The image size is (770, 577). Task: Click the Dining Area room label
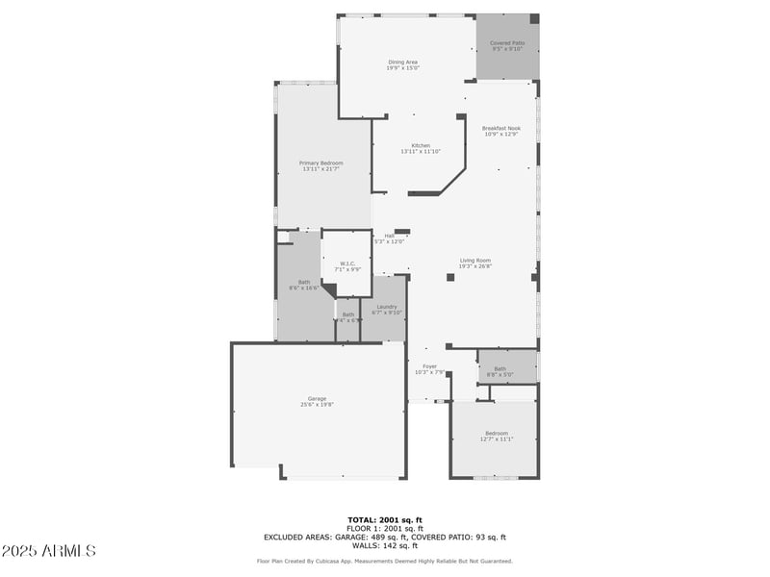402,63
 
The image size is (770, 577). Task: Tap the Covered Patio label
507,43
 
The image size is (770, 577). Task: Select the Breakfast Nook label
500,128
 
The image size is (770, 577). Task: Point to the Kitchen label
421,145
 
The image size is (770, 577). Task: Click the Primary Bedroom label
321,163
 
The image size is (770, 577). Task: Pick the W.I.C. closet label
347,263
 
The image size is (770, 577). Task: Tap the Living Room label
475,261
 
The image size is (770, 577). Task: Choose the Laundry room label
386,307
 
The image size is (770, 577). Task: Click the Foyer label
429,366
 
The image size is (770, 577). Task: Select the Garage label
317,398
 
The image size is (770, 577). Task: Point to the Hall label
390,236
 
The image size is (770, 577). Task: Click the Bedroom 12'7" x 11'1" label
497,434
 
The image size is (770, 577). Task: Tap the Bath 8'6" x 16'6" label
303,282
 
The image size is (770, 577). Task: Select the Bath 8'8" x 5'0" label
500,368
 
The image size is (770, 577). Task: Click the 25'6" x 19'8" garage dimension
317,404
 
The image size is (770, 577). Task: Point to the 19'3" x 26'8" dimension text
475,266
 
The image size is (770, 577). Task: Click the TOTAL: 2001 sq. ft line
384,520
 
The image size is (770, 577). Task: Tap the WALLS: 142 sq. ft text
385,545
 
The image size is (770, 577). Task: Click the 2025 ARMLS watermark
49,551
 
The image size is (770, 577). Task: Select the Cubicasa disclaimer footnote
384,561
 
